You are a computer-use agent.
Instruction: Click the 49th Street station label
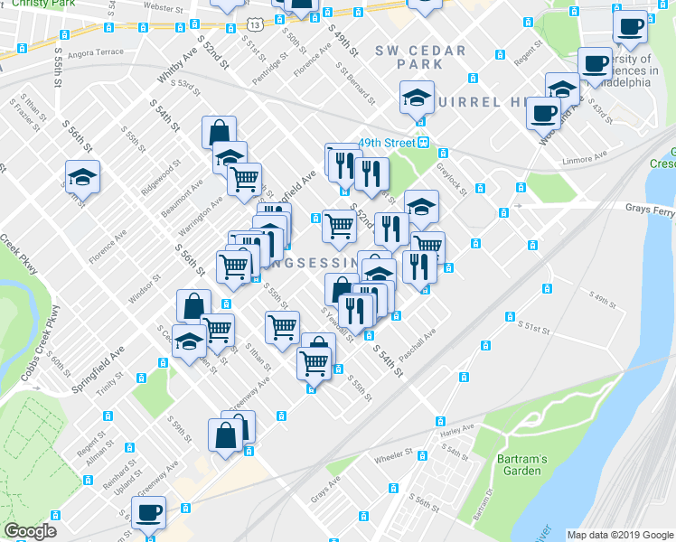pyautogui.click(x=386, y=143)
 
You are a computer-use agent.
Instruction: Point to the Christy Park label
pyautogui.click(x=30, y=4)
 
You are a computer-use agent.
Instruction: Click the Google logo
pyautogui.click(x=30, y=531)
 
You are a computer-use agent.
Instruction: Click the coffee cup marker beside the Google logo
pyautogui.click(x=149, y=512)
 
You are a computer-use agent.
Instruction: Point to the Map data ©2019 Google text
pyautogui.click(x=620, y=535)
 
